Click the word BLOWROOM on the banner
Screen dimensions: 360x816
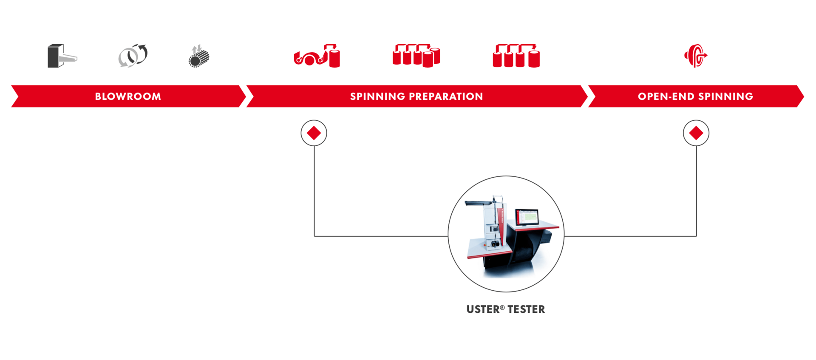click(128, 96)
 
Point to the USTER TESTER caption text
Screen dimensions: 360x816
click(505, 309)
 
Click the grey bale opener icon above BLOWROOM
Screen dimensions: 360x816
click(62, 56)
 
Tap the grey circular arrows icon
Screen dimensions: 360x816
click(133, 56)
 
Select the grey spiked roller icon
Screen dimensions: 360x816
click(199, 57)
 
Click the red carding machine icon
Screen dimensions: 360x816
click(317, 56)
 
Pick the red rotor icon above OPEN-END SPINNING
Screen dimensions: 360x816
click(696, 56)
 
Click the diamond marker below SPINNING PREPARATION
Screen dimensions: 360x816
click(314, 133)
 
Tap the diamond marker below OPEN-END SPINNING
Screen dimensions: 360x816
click(696, 133)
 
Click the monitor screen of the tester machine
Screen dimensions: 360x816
click(527, 217)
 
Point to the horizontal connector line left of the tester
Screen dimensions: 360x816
click(380, 236)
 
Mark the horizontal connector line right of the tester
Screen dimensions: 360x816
click(630, 236)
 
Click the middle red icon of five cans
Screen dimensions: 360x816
click(416, 56)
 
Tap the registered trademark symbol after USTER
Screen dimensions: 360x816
click(502, 307)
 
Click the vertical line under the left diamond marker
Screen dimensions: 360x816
click(314, 191)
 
